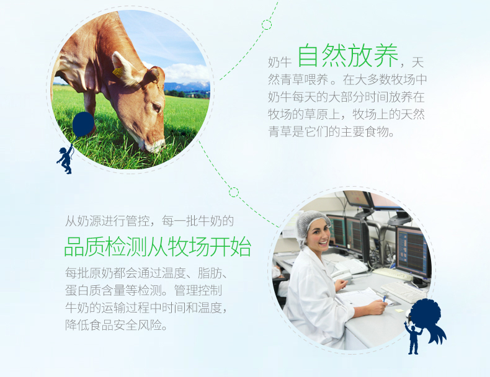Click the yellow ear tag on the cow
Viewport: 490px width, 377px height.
118,72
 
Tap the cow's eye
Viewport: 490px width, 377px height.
156,107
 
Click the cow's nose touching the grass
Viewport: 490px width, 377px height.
155,146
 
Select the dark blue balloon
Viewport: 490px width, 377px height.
83,124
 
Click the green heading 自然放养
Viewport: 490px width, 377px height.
348,56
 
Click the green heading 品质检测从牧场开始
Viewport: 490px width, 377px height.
158,246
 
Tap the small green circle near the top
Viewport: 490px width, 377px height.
267,25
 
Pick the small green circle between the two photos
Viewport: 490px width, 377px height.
234,192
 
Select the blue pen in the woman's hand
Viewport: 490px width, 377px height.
385,298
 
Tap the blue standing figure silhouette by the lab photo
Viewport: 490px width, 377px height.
413,338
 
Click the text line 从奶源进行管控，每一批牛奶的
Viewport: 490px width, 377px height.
149,221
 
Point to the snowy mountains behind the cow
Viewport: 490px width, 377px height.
187,86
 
